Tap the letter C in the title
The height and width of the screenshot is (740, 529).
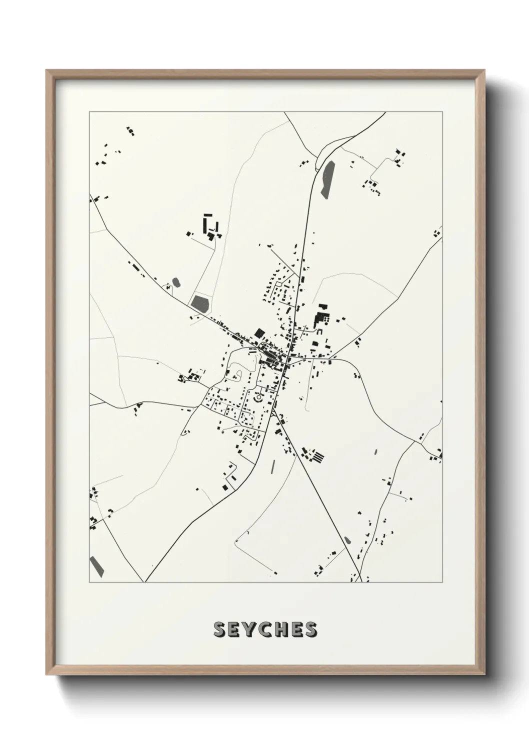click(265, 629)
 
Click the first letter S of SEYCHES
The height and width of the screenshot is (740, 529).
click(219, 629)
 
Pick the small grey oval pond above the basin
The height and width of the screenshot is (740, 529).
click(175, 282)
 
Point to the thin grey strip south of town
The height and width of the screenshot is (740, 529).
click(273, 467)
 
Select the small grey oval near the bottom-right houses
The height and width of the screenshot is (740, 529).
click(347, 540)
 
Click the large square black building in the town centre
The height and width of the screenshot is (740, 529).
click(259, 332)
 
